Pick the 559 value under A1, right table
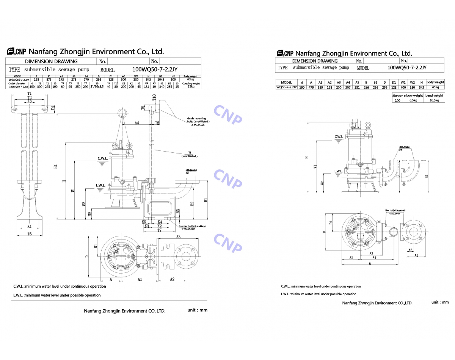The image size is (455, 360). click(x=320, y=88)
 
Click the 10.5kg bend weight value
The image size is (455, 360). click(x=434, y=100)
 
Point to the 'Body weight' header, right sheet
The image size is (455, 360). click(x=435, y=82)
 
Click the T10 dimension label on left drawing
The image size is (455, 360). click(x=154, y=98)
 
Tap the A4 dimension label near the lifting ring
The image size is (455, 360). click(x=137, y=123)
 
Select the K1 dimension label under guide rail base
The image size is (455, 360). click(x=30, y=226)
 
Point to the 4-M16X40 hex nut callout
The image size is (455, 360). click(x=392, y=213)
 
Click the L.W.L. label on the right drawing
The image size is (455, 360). click(x=339, y=171)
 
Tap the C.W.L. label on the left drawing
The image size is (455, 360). click(x=103, y=158)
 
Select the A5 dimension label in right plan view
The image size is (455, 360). click(x=410, y=250)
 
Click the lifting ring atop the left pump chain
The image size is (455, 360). click(x=122, y=113)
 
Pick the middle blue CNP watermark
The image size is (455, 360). click(x=228, y=178)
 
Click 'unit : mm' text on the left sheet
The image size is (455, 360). click(x=197, y=310)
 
